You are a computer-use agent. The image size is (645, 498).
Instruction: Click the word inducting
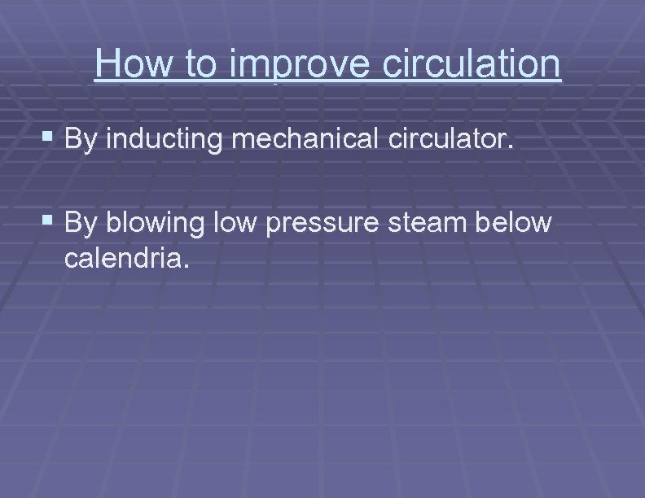click(166, 139)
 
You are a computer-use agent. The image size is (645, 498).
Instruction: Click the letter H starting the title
click(106, 63)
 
